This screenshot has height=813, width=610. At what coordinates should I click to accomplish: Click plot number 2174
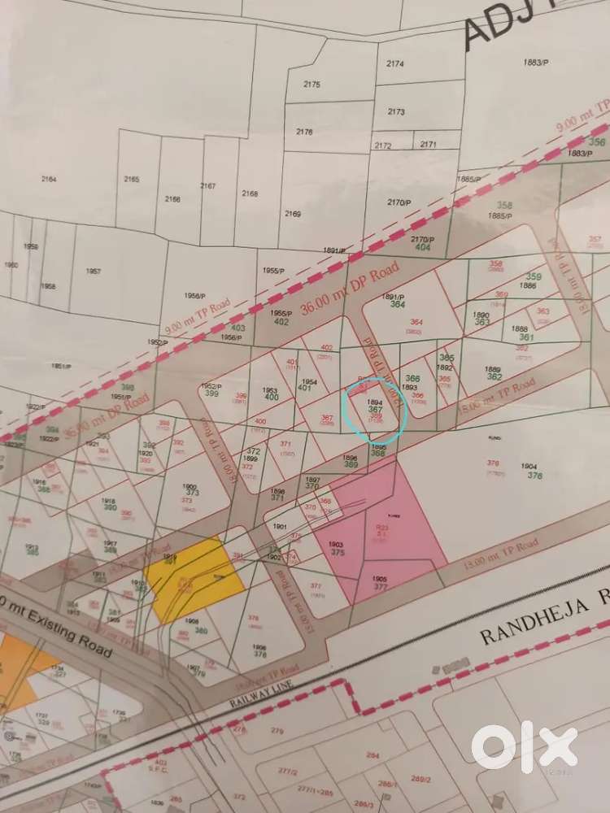tap(395, 63)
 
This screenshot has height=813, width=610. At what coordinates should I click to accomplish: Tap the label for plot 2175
tap(312, 85)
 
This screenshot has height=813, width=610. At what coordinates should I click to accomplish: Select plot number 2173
tap(396, 111)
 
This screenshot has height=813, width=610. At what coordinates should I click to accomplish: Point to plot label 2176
tap(304, 132)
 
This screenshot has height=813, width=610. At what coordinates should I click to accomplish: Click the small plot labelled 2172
tap(382, 146)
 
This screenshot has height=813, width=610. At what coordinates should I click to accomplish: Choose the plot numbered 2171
tap(428, 145)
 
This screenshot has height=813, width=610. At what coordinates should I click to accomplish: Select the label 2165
tap(131, 180)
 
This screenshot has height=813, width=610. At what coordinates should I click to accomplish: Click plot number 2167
tap(208, 186)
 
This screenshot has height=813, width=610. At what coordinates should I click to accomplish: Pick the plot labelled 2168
tap(250, 193)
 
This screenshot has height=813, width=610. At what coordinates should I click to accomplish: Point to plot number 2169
tap(293, 214)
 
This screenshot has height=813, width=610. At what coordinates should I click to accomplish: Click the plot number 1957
tap(93, 271)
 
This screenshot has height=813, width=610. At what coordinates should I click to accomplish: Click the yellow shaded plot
tap(195, 577)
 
